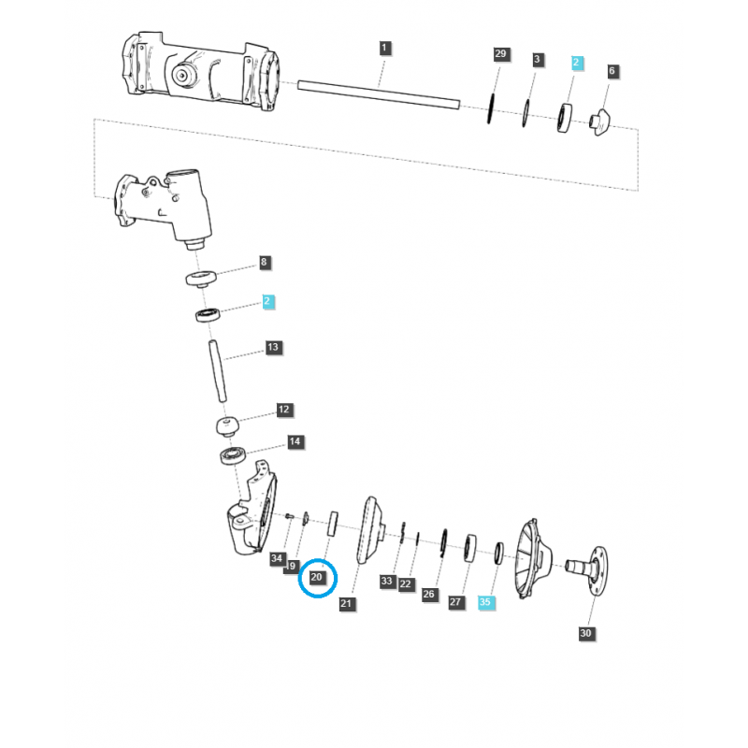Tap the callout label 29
click(x=500, y=55)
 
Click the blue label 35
click(x=484, y=603)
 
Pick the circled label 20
click(x=317, y=579)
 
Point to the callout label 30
click(x=586, y=633)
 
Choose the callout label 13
click(x=273, y=347)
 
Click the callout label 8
click(x=265, y=264)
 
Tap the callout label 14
click(x=295, y=440)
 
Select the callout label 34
click(x=277, y=558)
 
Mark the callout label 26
click(x=429, y=594)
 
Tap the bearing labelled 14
click(x=233, y=455)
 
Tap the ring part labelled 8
click(x=201, y=278)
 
